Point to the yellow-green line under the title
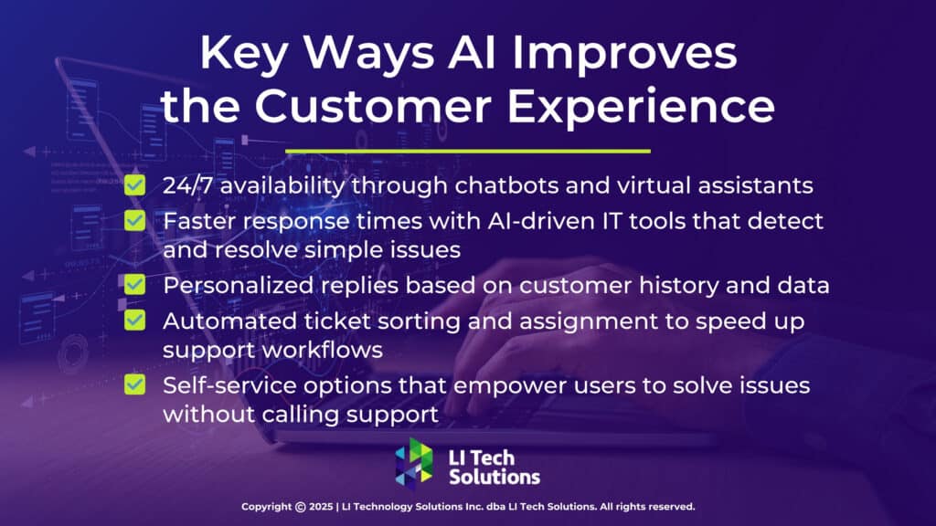click(x=468, y=151)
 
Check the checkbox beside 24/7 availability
click(x=135, y=185)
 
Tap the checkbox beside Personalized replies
click(x=135, y=285)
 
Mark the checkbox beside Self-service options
click(x=135, y=384)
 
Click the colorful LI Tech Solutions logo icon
click(x=415, y=462)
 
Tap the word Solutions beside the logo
click(x=495, y=477)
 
